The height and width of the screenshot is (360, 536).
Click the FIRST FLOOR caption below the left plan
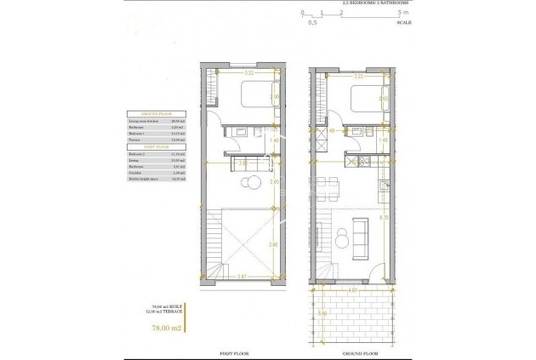coord(239,351)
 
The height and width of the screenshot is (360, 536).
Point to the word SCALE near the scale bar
coord(403,23)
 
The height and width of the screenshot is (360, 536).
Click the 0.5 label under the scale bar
coord(312,23)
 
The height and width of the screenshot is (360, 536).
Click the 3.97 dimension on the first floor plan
coord(242,277)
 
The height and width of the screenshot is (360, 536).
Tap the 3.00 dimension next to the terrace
coord(322,314)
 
